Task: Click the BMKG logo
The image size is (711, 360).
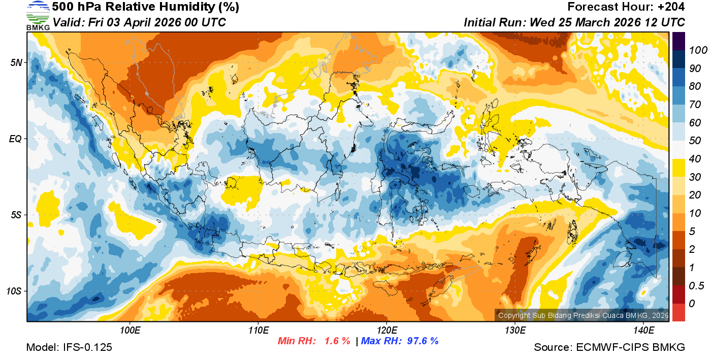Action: click(38, 15)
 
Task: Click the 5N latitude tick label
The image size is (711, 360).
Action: click(16, 62)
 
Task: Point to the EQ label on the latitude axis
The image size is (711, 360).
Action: click(16, 139)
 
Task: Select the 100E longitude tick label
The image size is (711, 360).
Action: click(130, 331)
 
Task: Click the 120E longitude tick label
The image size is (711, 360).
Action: click(386, 331)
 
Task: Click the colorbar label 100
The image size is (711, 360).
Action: click(695, 50)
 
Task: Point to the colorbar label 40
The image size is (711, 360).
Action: click(695, 159)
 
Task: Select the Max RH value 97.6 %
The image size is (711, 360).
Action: click(419, 341)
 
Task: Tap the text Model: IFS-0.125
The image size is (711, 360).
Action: click(69, 348)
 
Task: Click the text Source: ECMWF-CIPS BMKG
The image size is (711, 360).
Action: click(609, 348)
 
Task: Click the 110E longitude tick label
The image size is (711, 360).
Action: click(258, 331)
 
